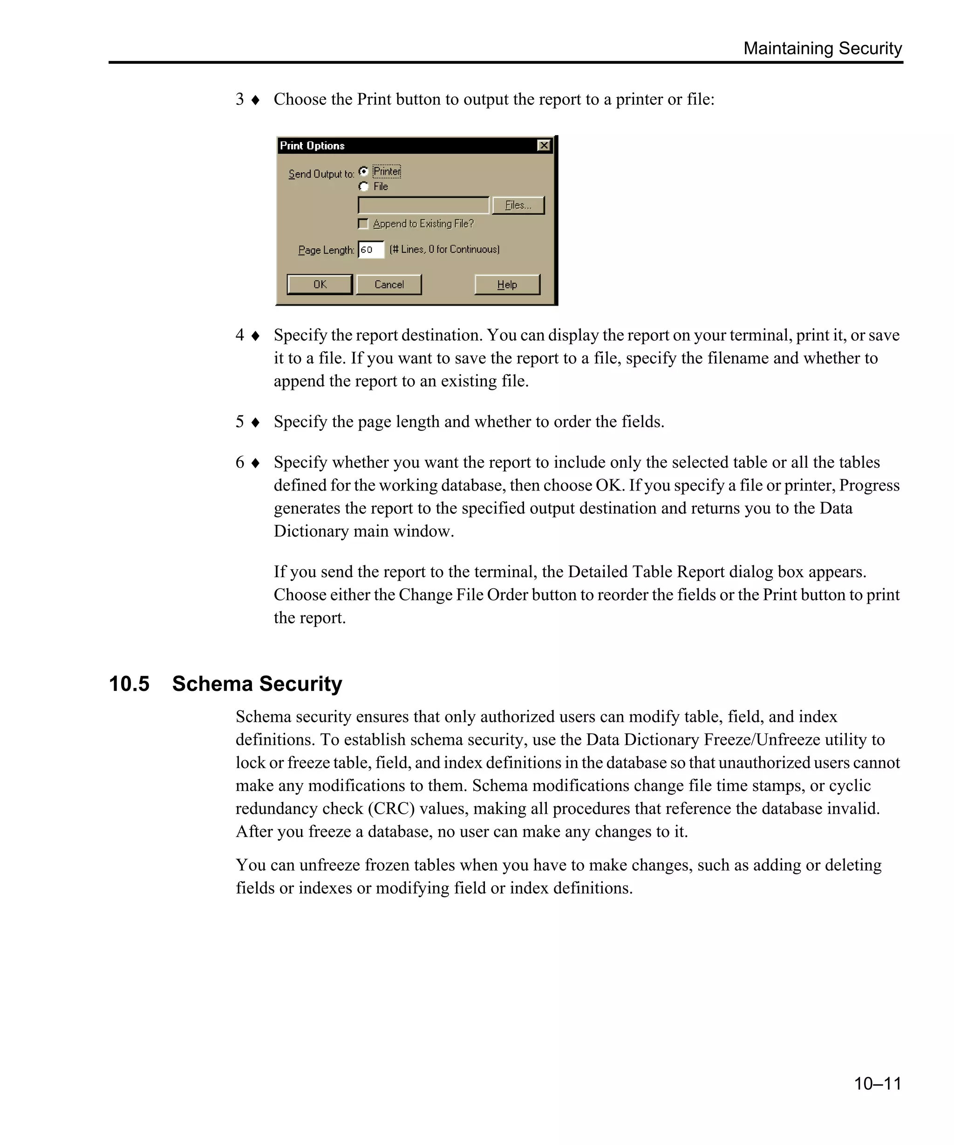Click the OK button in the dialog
tap(320, 285)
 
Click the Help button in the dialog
tap(507, 285)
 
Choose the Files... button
tap(518, 205)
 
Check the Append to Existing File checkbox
tap(363, 224)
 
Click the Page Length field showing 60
tap(371, 250)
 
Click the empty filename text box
tap(423, 205)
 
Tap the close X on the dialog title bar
tap(544, 146)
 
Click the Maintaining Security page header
tap(822, 48)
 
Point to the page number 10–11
tap(877, 1084)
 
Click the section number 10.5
tap(129, 684)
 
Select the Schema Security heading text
tap(257, 684)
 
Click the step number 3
tap(239, 99)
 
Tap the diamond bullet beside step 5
tap(255, 423)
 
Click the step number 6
tap(239, 463)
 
